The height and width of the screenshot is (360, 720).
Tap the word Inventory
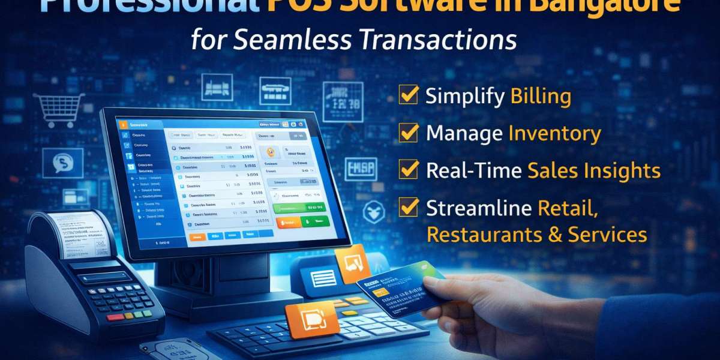(554, 133)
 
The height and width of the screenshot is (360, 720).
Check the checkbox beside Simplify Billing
(409, 95)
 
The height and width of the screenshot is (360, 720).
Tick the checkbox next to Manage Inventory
(409, 133)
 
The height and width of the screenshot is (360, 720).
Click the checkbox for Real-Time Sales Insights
(409, 170)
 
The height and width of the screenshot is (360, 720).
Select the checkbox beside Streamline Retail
(409, 208)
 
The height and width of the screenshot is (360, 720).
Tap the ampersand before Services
(554, 234)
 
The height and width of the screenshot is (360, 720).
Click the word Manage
(464, 133)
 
